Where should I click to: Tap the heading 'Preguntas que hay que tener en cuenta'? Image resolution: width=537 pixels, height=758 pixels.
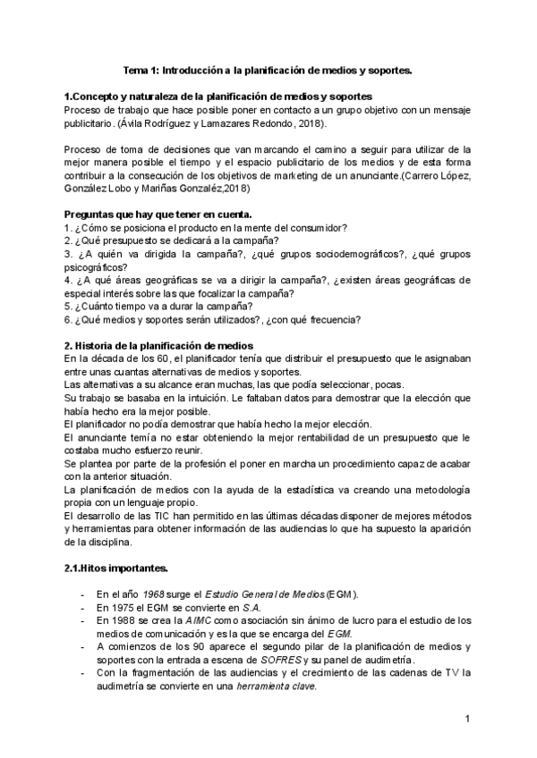coord(158,215)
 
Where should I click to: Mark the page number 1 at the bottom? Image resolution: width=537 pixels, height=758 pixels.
coord(467,719)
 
